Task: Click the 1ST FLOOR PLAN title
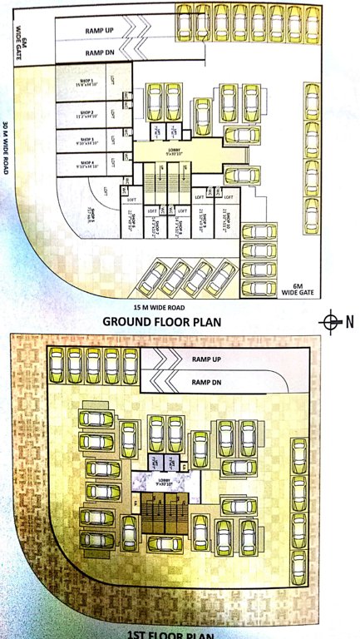170,635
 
